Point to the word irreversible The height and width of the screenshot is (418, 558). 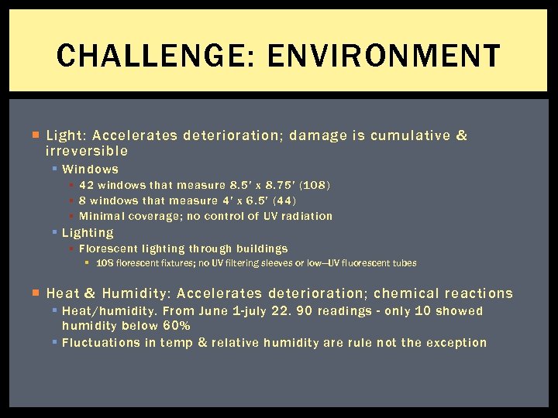click(87, 151)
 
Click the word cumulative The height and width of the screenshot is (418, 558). click(409, 136)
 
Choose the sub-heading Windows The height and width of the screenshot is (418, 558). click(90, 169)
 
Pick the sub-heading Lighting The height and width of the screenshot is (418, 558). click(88, 232)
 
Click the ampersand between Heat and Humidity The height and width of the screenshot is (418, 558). click(89, 293)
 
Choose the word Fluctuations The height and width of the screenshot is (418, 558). click(101, 342)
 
